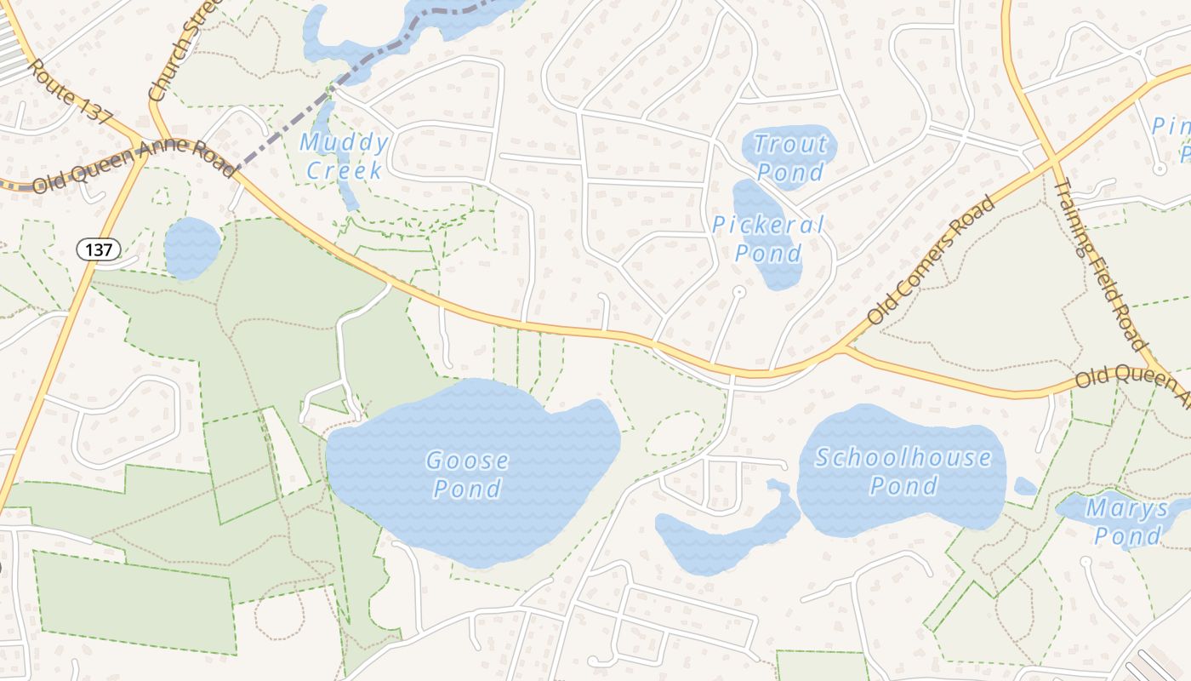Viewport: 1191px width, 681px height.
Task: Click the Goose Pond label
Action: [x=467, y=475]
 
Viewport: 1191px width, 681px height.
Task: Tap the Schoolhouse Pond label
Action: [x=903, y=472]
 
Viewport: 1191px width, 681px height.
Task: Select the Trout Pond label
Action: [x=790, y=157]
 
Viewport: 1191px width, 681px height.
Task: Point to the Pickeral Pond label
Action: [x=768, y=239]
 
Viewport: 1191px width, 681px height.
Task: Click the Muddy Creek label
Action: [x=345, y=156]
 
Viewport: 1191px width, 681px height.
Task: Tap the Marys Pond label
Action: [x=1128, y=523]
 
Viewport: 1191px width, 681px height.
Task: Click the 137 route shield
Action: [x=99, y=249]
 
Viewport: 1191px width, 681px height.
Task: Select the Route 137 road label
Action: [x=71, y=92]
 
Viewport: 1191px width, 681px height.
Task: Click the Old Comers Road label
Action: [x=931, y=260]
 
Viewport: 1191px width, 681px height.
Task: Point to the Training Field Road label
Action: [x=1100, y=264]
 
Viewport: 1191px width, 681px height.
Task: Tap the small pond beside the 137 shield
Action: [x=191, y=248]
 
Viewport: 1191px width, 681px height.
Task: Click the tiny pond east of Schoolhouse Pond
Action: [x=1025, y=486]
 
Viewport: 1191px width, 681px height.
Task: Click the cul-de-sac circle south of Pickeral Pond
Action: [x=738, y=292]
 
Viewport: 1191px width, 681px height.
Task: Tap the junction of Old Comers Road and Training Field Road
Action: [x=1053, y=159]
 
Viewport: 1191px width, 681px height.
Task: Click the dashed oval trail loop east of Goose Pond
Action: [x=674, y=433]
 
